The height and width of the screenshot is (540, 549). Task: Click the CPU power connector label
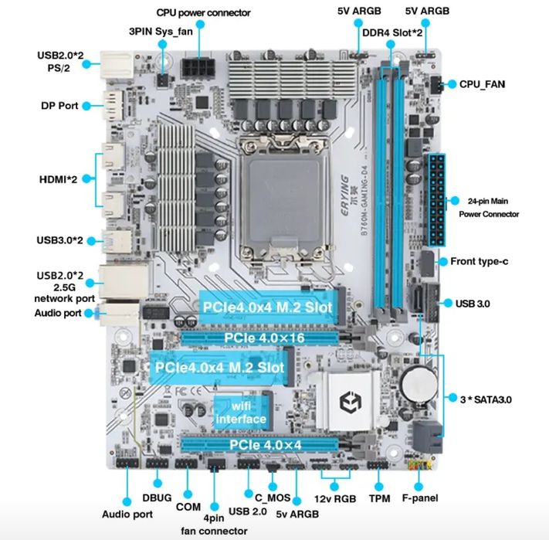(x=203, y=12)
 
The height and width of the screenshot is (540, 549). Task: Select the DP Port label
(x=59, y=105)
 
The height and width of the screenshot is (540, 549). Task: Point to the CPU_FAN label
(x=482, y=83)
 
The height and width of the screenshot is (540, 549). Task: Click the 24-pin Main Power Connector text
(x=489, y=207)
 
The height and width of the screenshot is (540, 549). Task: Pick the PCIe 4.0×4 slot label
(x=265, y=446)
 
